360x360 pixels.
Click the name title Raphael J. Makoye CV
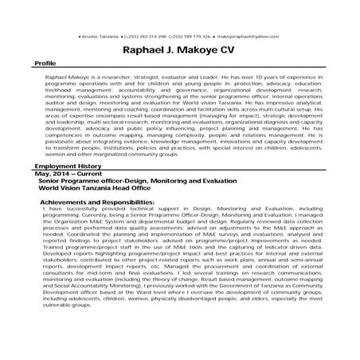pos(180,50)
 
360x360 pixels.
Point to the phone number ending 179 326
pos(196,37)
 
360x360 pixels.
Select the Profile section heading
pos(45,62)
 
